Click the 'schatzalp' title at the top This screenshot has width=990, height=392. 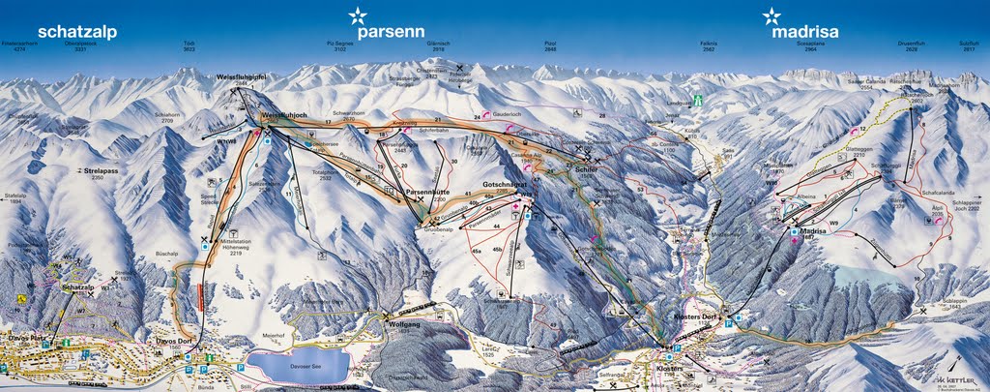77,32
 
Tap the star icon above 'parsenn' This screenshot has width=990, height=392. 358,15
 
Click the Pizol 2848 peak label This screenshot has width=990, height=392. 550,46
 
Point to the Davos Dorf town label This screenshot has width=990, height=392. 174,340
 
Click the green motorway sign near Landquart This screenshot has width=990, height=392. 713,100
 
